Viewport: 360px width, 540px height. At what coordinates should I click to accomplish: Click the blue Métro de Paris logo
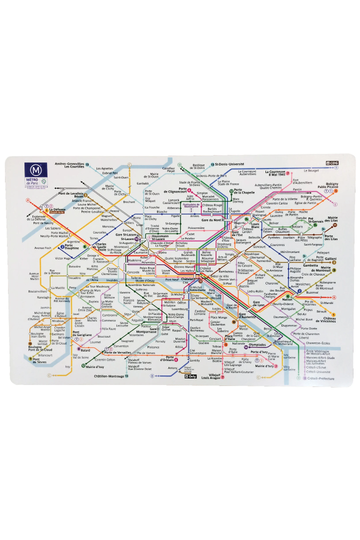click(35, 171)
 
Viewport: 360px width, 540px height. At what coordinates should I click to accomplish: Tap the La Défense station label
click(57, 210)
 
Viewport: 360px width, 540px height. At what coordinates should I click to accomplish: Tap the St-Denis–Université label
click(229, 164)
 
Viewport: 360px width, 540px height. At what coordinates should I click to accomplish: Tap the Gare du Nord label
click(211, 220)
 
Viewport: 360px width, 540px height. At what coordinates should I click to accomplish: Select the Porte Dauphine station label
click(73, 246)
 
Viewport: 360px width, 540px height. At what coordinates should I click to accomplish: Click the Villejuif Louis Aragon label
click(214, 376)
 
